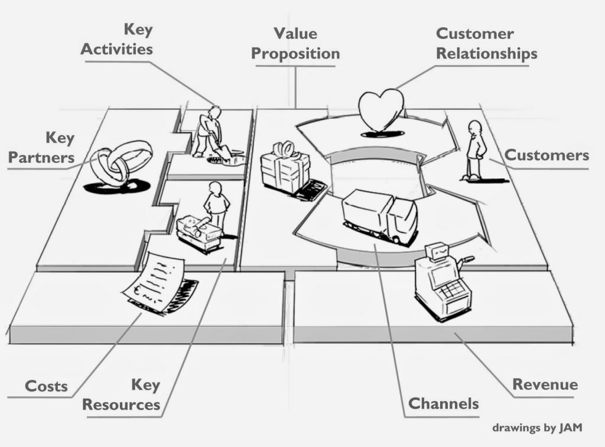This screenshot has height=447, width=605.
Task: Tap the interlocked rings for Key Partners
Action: tap(121, 161)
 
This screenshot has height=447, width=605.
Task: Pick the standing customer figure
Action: tap(474, 151)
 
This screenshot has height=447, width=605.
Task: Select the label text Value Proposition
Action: tap(295, 44)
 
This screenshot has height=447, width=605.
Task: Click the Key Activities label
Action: tap(116, 39)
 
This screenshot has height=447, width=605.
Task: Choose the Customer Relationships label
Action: tap(486, 44)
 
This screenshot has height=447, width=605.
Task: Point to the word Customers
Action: tap(547, 155)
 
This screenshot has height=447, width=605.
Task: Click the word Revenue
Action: tap(545, 385)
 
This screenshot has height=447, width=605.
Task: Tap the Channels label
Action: tap(444, 404)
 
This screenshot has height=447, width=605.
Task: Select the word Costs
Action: tap(46, 387)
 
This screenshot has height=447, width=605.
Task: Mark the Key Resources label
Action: tap(122, 395)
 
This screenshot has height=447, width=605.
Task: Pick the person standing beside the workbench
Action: tap(216, 204)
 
